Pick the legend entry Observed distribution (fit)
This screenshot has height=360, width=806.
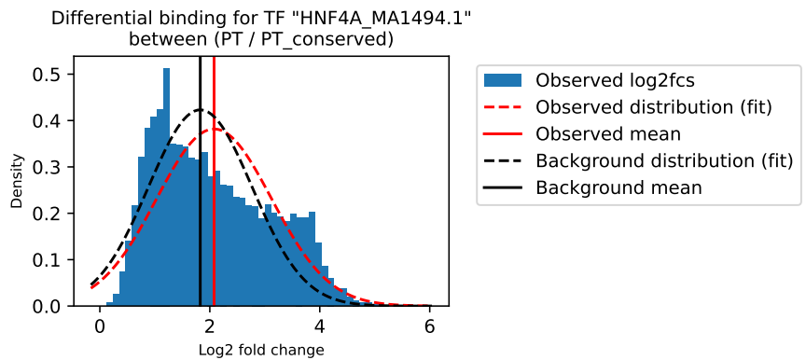[x=654, y=107]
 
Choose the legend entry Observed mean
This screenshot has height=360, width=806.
[x=608, y=134]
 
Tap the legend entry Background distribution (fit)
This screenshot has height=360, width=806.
[x=664, y=161]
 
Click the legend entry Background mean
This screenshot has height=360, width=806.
[x=618, y=187]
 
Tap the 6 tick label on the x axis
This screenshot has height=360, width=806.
[x=429, y=327]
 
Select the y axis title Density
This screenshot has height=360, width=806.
[x=17, y=187]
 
